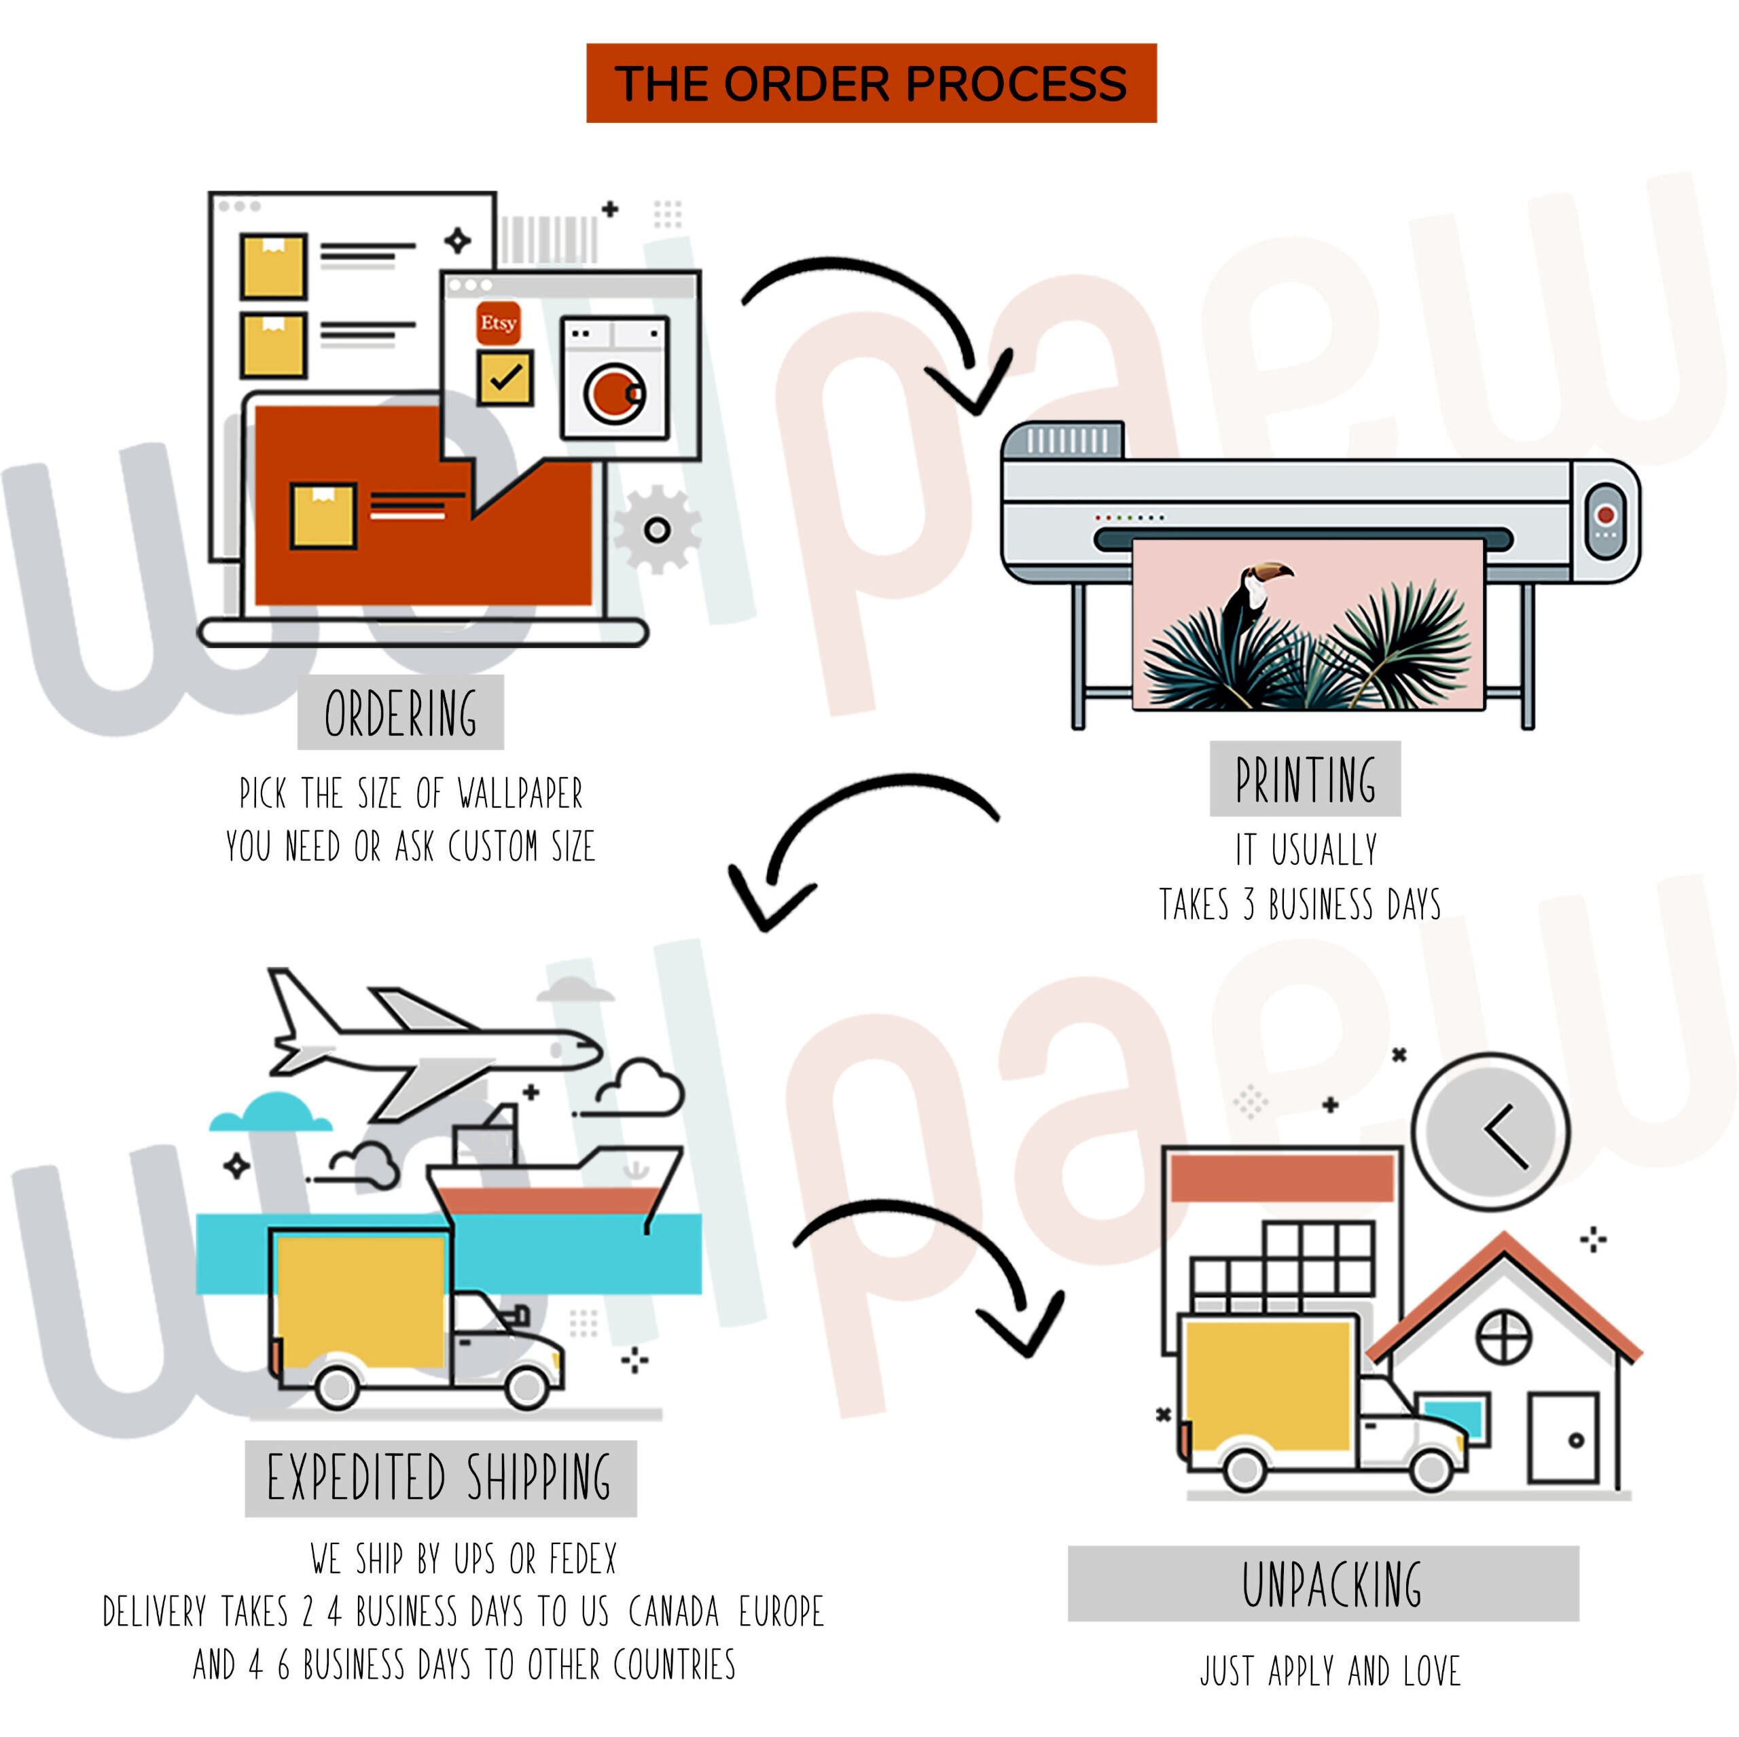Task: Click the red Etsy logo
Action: click(498, 323)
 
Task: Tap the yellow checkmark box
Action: click(504, 378)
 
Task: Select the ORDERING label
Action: click(401, 713)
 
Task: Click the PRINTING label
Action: click(1304, 779)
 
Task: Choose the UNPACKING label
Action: click(1331, 1585)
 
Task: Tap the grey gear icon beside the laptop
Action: click(657, 529)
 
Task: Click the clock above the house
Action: click(1490, 1130)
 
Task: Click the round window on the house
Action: click(1504, 1336)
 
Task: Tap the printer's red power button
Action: click(1606, 514)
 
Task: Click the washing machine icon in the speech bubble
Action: click(615, 378)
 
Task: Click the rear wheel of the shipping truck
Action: click(338, 1388)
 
